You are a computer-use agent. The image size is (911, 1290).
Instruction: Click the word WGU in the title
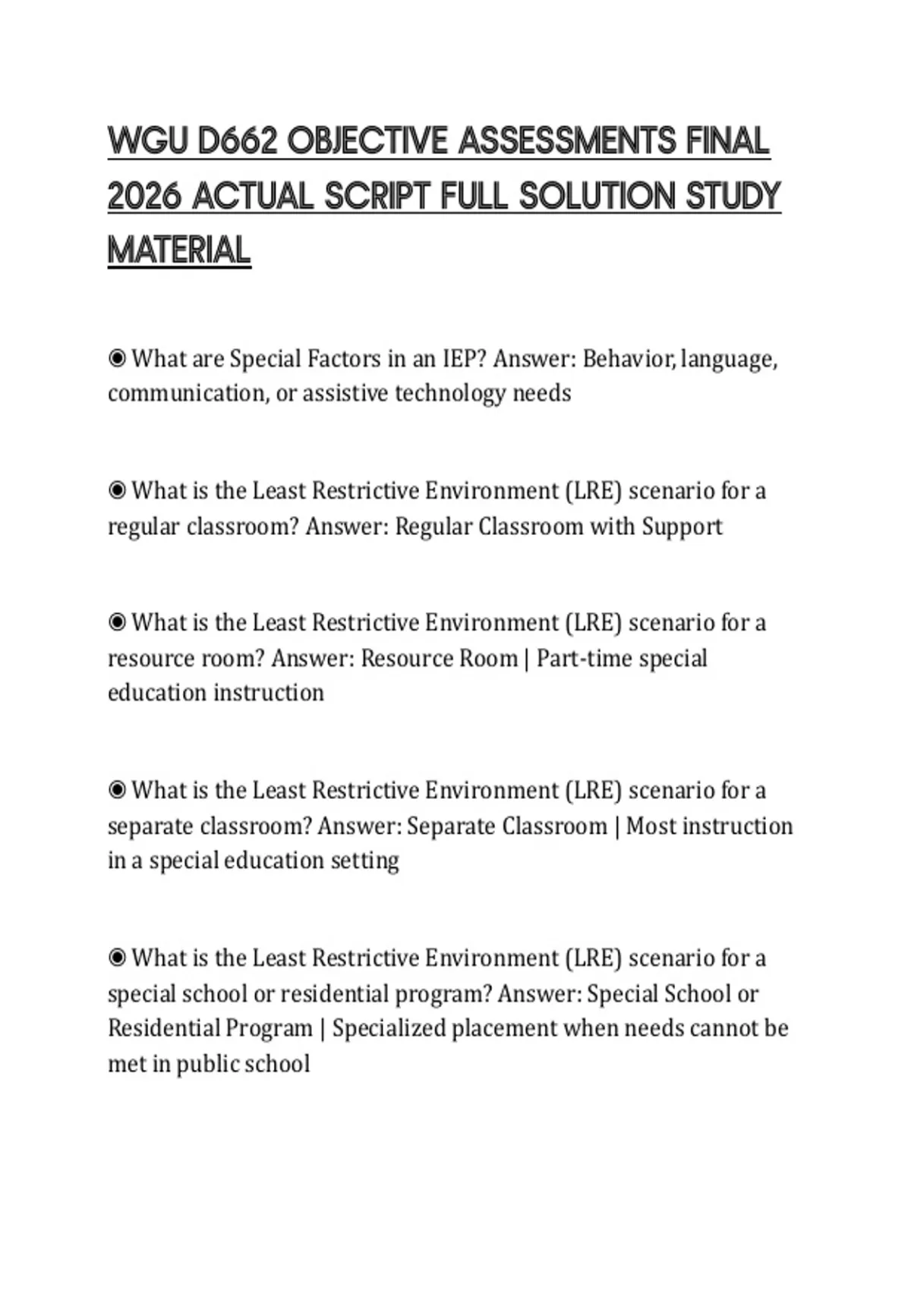pos(148,142)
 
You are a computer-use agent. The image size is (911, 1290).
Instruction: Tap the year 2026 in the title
pos(144,197)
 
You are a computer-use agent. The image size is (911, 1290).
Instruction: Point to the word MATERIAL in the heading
pos(179,251)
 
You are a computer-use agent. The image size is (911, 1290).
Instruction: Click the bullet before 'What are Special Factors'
pos(117,357)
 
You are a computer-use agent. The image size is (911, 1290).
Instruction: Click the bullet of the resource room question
pos(117,622)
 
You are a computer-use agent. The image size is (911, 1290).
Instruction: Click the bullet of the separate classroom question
pos(117,790)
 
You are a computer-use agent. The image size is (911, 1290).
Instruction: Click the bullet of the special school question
pos(117,958)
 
